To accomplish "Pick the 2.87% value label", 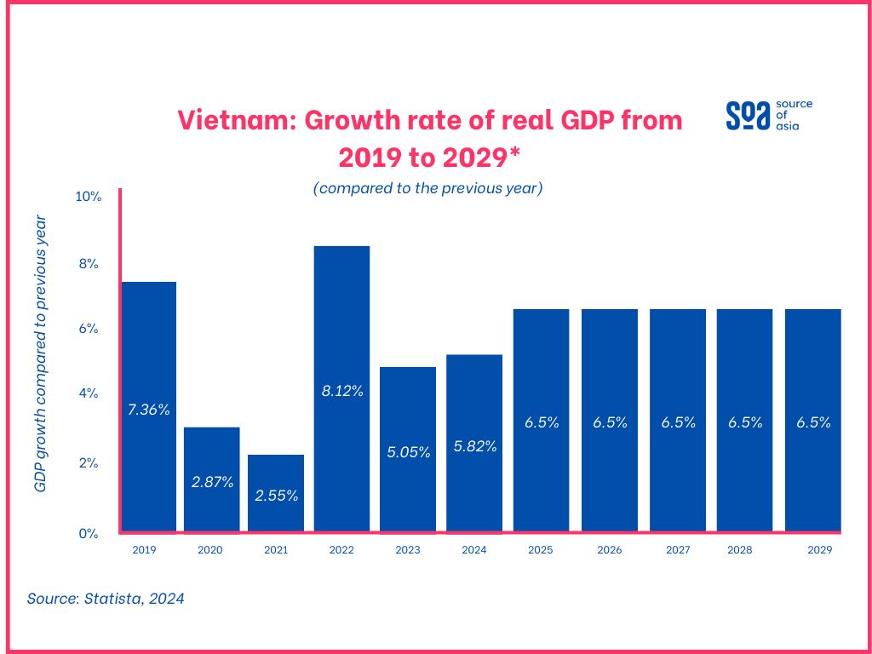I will (212, 482).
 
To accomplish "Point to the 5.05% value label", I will (408, 452).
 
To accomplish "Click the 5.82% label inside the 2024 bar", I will (474, 445).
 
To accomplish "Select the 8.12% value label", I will (341, 392).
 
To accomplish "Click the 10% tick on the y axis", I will (89, 197).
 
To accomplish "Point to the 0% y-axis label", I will (90, 534).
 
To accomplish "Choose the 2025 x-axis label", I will (540, 550).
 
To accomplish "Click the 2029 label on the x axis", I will (819, 550).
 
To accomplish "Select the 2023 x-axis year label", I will (408, 550).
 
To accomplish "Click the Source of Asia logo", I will (768, 115).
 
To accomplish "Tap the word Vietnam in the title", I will (232, 120).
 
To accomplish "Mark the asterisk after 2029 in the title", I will (515, 153).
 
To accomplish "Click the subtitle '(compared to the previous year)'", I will (427, 188).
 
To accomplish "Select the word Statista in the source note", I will (112, 599).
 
